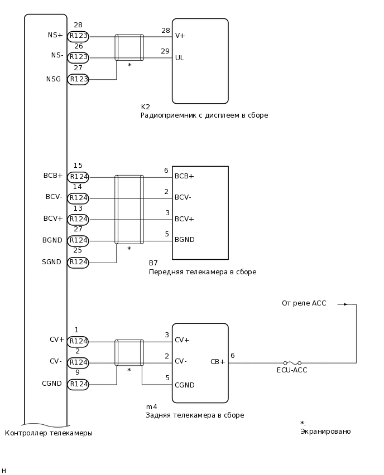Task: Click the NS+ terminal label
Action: pyautogui.click(x=55, y=35)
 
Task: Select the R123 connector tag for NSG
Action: pyautogui.click(x=78, y=79)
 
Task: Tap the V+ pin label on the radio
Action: pyautogui.click(x=180, y=36)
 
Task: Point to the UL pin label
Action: pyautogui.click(x=180, y=58)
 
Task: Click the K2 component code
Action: pyautogui.click(x=145, y=107)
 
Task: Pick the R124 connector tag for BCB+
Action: pyautogui.click(x=78, y=177)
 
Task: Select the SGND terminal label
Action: pyautogui.click(x=52, y=261)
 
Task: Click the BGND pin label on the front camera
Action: pyautogui.click(x=185, y=240)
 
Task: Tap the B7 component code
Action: pyautogui.click(x=153, y=263)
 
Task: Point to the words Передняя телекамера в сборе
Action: pyautogui.click(x=202, y=272)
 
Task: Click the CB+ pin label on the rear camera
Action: pyautogui.click(x=218, y=361)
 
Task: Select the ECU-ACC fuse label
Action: pyautogui.click(x=292, y=370)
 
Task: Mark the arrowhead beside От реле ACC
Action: pyautogui.click(x=345, y=304)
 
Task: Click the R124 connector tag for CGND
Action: pyautogui.click(x=78, y=384)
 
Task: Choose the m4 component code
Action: pyautogui.click(x=151, y=407)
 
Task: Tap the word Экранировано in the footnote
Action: pyautogui.click(x=325, y=432)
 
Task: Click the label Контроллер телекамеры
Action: pyautogui.click(x=49, y=433)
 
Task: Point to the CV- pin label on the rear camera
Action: pyautogui.click(x=181, y=361)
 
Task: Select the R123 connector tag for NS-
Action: pyautogui.click(x=78, y=57)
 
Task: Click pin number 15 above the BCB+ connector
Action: pyautogui.click(x=78, y=166)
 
